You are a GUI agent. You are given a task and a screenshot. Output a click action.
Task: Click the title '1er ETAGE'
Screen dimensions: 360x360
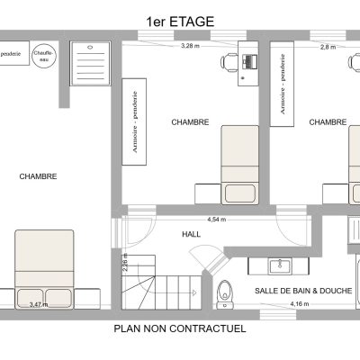[180, 22]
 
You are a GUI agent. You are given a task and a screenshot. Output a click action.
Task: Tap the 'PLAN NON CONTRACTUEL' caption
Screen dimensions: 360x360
[180, 328]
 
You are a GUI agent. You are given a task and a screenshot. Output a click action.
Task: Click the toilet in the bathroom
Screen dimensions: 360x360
[225, 294]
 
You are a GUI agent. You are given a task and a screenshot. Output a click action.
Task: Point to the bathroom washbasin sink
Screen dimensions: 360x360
[280, 266]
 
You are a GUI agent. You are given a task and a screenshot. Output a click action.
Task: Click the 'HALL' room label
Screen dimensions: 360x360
[192, 234]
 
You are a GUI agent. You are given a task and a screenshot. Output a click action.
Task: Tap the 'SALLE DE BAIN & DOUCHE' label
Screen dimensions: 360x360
[303, 291]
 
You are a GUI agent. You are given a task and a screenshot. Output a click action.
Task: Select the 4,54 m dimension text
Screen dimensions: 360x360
[217, 220]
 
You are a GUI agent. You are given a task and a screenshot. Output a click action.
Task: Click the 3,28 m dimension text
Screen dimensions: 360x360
[190, 46]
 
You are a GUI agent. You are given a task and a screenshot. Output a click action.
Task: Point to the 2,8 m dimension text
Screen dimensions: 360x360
[328, 47]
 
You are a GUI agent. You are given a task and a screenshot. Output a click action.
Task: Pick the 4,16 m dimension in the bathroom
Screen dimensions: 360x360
[300, 304]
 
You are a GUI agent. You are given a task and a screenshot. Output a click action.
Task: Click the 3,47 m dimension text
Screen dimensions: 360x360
[39, 305]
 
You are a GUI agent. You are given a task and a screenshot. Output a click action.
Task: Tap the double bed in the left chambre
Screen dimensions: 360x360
[44, 269]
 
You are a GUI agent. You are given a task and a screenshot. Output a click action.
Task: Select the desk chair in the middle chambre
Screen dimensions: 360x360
[229, 62]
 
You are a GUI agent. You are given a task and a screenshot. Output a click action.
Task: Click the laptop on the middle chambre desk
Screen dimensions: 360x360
[249, 61]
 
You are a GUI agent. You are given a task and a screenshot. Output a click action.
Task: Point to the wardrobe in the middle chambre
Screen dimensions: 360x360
[134, 121]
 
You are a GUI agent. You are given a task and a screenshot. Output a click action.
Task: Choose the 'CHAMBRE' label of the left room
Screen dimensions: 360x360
[38, 176]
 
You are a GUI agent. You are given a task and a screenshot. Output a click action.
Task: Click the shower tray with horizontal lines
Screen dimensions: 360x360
[91, 64]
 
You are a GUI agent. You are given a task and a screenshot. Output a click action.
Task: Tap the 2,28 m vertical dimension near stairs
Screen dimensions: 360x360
[125, 263]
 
